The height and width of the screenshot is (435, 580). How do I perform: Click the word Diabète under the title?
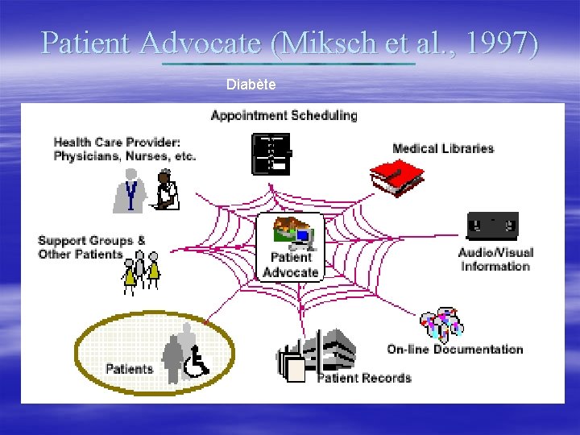pos(251,84)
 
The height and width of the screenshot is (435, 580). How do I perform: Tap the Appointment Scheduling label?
pos(284,115)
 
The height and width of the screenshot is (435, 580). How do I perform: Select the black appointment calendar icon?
pos(271,154)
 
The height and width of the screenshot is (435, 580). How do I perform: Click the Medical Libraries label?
pos(443,148)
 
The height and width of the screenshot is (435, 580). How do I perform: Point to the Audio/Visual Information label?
pos(495,259)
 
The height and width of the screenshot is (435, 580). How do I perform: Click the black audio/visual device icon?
pos(492,225)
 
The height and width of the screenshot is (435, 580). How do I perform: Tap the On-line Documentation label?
pos(455,349)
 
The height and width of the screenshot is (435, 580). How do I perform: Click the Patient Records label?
pos(364,377)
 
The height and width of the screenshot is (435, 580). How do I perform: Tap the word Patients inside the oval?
pos(129,369)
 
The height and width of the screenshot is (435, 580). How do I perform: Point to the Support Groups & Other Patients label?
pos(92,247)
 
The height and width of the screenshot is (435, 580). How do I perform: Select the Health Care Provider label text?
pos(124,149)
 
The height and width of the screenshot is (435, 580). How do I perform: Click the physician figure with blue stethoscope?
pos(130,190)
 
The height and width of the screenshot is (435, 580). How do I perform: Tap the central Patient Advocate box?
pos(291,246)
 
